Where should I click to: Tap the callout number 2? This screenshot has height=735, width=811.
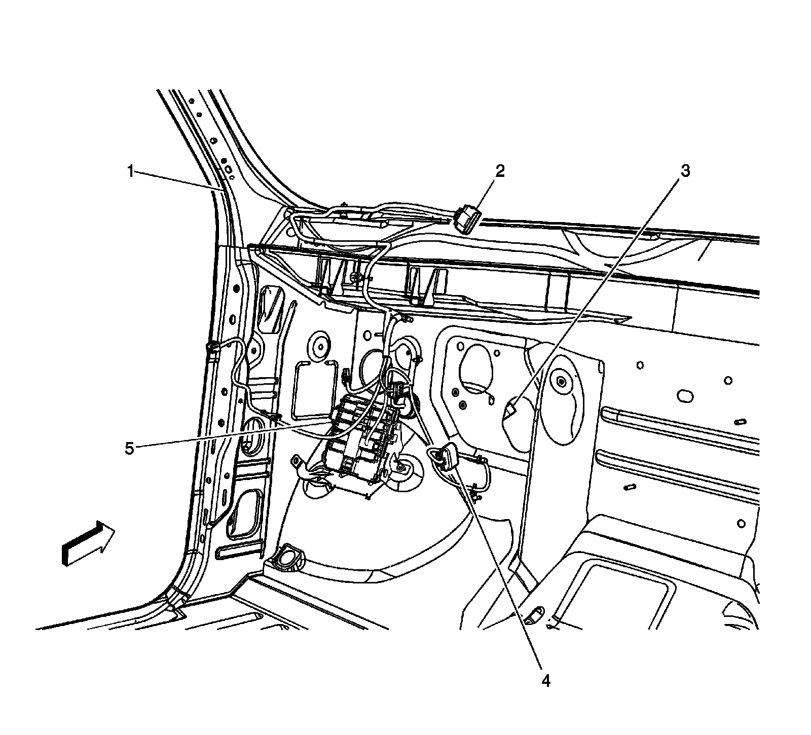coord(500,171)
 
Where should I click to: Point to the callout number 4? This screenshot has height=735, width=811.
coord(545,680)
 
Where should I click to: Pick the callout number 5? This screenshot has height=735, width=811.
coord(130,448)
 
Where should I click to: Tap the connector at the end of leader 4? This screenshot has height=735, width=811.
coord(448,455)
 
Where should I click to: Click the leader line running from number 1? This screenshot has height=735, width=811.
coord(177,180)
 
